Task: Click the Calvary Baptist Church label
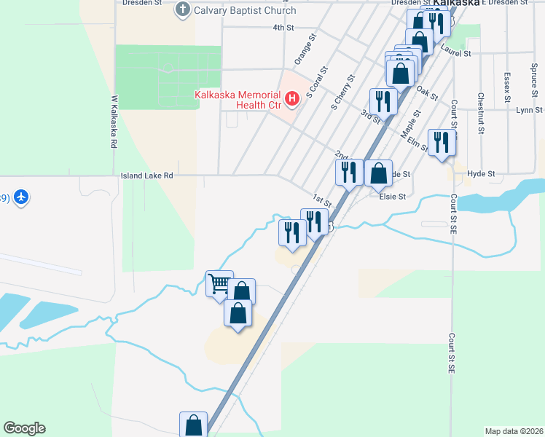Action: [x=245, y=10]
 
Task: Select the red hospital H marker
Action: [x=292, y=98]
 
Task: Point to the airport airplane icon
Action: [x=21, y=197]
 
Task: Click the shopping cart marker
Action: [x=219, y=284]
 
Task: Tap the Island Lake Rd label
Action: [x=147, y=176]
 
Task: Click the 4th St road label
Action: [x=283, y=28]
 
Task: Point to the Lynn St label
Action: [x=529, y=110]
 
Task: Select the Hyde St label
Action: [x=481, y=174]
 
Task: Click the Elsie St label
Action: [x=392, y=197]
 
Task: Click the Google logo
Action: [x=24, y=428]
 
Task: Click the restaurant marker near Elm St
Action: [x=442, y=142]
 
